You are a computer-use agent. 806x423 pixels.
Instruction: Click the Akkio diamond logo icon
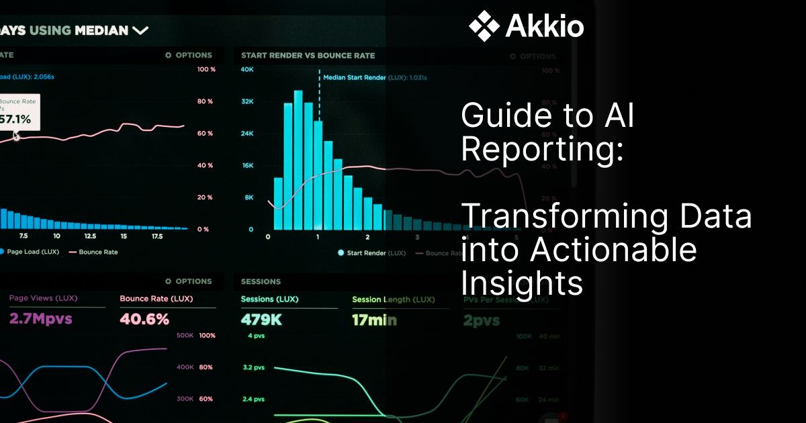point(483,27)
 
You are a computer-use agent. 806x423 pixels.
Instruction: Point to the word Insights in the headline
point(522,284)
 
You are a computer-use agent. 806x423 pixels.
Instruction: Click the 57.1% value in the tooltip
point(15,119)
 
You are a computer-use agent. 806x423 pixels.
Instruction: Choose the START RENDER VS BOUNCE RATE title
point(308,56)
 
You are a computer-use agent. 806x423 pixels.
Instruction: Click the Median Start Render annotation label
point(355,78)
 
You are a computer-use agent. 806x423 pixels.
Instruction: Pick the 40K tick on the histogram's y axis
point(247,70)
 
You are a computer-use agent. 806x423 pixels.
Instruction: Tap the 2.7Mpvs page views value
point(40,319)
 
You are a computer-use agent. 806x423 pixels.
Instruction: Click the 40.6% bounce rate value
point(144,319)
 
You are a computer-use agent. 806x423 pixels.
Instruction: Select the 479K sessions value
point(262,320)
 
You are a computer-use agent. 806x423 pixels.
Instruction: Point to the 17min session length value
point(374,320)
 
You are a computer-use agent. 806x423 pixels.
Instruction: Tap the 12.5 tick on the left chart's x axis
point(90,236)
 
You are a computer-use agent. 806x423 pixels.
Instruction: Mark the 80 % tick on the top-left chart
point(205,101)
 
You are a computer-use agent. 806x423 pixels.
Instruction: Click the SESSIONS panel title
point(261,281)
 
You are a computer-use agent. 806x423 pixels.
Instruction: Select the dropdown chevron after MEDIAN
point(140,30)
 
